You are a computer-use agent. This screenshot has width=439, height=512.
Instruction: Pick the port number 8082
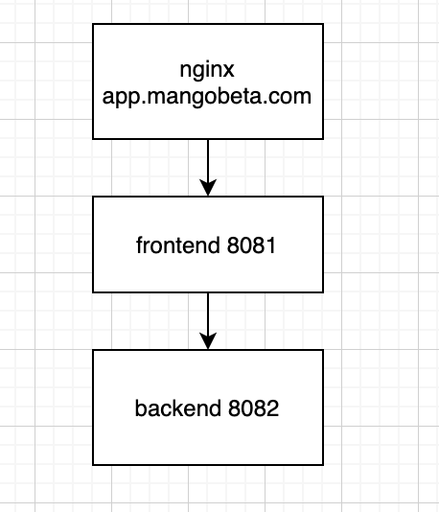pyautogui.click(x=253, y=408)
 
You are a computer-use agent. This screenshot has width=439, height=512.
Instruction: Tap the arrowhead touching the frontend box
pyautogui.click(x=208, y=189)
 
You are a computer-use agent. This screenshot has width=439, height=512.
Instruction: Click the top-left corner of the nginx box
pyautogui.click(x=93, y=26)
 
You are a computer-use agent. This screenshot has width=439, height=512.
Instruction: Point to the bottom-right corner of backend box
pyautogui.click(x=324, y=466)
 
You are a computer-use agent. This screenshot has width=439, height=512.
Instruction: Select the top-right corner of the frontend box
pyautogui.click(x=324, y=198)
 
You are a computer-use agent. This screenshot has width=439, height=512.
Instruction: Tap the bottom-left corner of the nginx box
pyautogui.click(x=93, y=139)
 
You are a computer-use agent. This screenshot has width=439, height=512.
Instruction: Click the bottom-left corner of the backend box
pyautogui.click(x=93, y=466)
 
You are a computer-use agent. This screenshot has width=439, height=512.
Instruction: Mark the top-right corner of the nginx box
pyautogui.click(x=324, y=26)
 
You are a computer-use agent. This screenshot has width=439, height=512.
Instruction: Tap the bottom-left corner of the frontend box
pyautogui.click(x=93, y=291)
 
